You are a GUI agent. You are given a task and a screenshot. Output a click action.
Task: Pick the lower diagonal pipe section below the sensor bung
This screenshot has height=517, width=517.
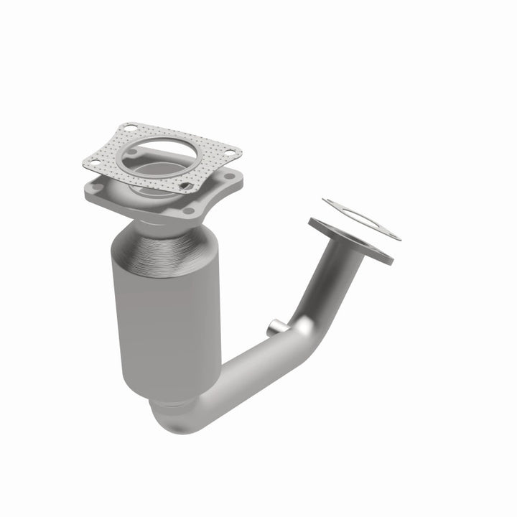[x=237, y=373]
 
